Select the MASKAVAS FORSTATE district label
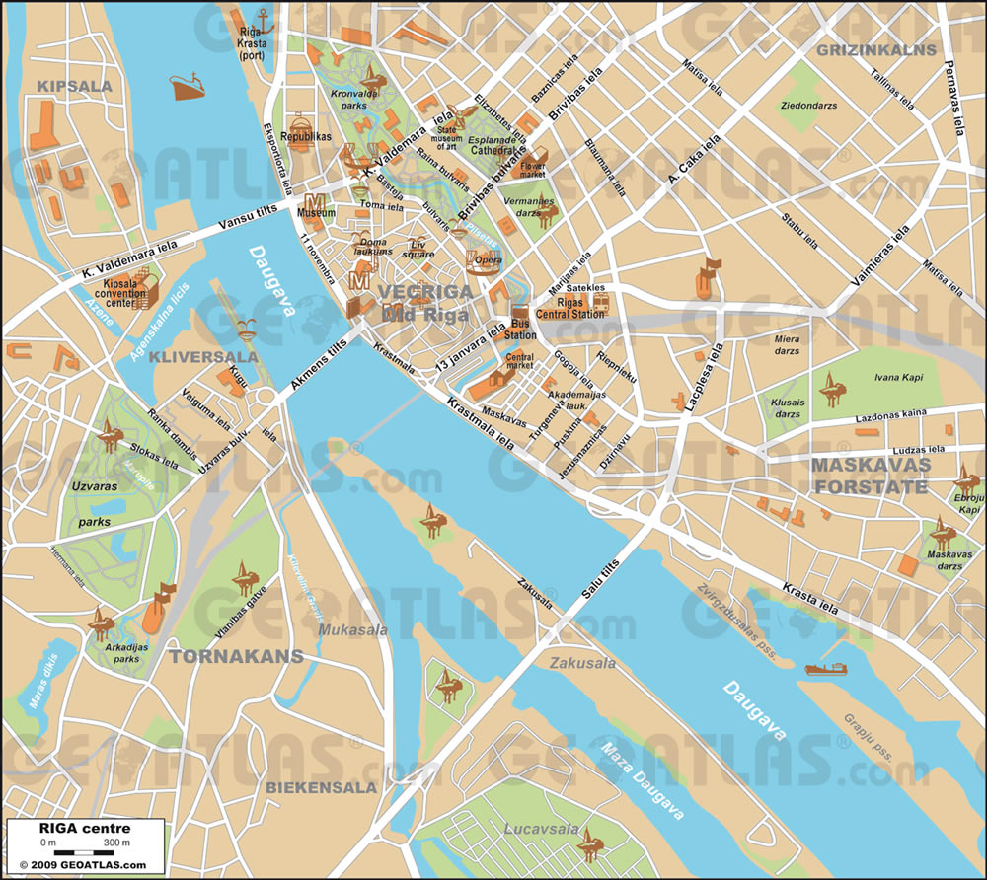pyautogui.click(x=872, y=475)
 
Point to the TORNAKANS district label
pyautogui.click(x=219, y=654)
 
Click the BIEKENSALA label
pyautogui.click(x=321, y=787)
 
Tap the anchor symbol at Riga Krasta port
pyautogui.click(x=263, y=18)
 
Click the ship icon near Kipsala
pyautogui.click(x=187, y=87)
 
